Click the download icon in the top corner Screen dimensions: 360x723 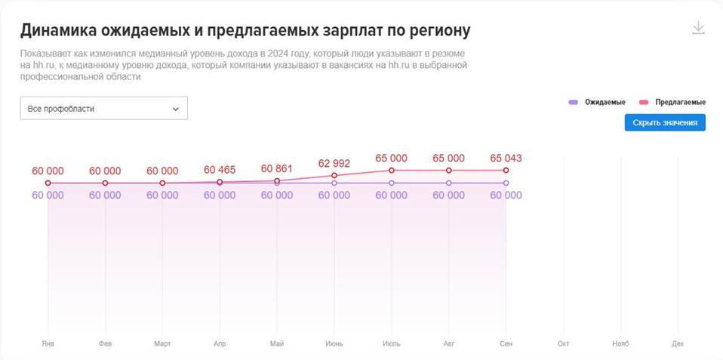tap(698, 28)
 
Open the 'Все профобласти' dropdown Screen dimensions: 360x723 tap(103, 109)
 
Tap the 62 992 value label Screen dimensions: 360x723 tap(334, 163)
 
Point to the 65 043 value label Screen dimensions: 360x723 tap(506, 158)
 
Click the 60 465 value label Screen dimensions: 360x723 tap(220, 171)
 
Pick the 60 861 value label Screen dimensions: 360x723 tap(277, 168)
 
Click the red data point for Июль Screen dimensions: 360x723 tap(392, 171)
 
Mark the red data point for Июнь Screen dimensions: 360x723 tap(334, 176)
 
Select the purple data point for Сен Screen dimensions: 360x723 tap(506, 183)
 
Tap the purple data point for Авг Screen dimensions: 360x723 tap(449, 183)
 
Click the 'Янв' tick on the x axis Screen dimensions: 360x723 tap(48, 343)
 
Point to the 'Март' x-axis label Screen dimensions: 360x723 tap(162, 343)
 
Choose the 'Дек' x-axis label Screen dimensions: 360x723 tap(678, 343)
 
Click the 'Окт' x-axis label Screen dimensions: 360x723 tap(563, 343)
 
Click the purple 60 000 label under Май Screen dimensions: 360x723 tap(277, 195)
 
